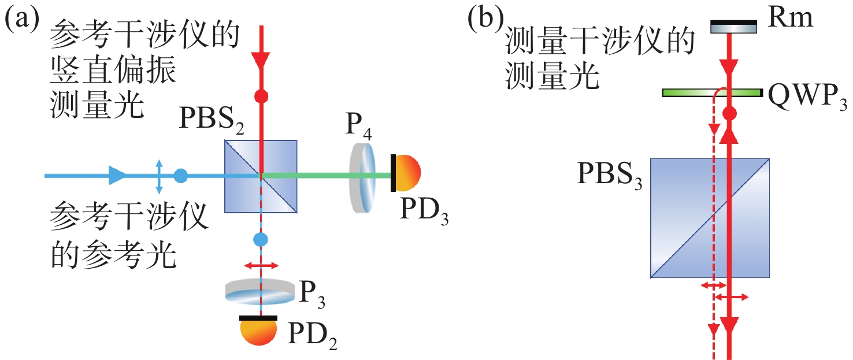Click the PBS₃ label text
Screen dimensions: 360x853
click(x=610, y=175)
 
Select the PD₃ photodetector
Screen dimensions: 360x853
click(x=406, y=172)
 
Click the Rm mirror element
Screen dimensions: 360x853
click(x=733, y=26)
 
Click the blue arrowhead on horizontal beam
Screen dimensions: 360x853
click(x=117, y=175)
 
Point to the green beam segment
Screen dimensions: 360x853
click(x=306, y=175)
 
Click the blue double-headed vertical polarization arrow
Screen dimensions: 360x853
click(x=160, y=176)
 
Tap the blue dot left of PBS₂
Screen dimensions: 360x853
click(x=181, y=176)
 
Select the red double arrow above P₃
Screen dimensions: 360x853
click(x=261, y=265)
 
